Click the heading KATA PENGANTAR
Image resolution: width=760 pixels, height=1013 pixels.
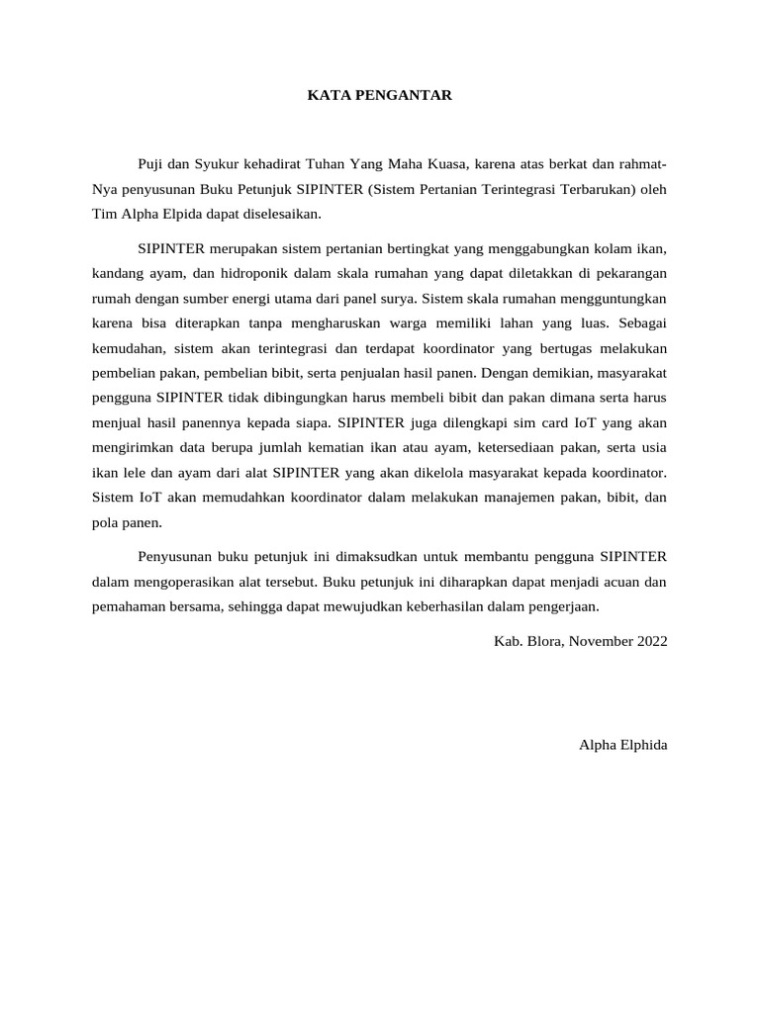pyautogui.click(x=380, y=95)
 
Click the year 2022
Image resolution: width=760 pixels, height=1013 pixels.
pyautogui.click(x=650, y=641)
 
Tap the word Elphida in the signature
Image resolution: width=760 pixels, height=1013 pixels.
pyautogui.click(x=642, y=744)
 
